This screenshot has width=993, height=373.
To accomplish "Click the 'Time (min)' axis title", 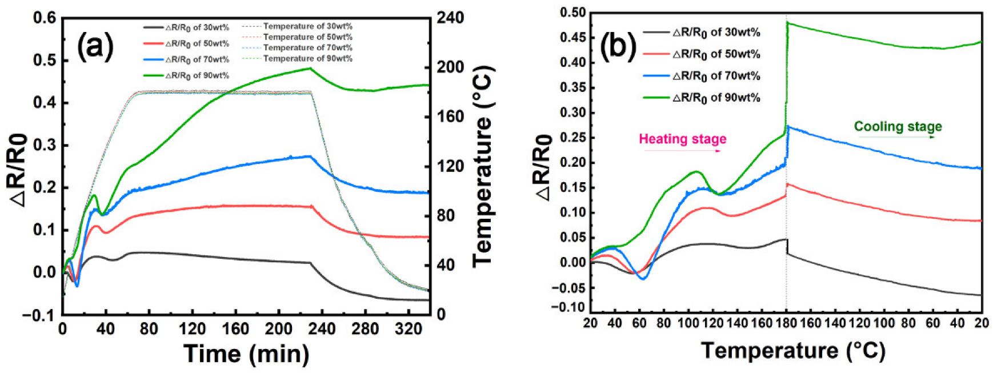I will coord(246,354).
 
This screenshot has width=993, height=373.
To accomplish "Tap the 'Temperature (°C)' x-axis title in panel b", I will coord(793,350).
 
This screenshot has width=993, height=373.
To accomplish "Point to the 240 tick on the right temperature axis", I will coord(451,18).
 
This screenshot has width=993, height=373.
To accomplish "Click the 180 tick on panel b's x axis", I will coord(786,323).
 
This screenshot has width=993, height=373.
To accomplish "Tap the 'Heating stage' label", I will coord(682,139).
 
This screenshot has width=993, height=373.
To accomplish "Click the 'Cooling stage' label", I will coord(898,127).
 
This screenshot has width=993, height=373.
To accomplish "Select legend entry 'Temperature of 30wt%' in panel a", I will coord(307,26).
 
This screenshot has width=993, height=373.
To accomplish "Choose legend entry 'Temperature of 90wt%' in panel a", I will coord(307,58).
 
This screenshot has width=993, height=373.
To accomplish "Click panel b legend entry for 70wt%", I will coord(716,76).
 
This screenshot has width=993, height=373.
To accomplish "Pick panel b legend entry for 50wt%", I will coord(716,54).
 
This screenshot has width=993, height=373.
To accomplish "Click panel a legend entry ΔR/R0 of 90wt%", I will coord(197,75).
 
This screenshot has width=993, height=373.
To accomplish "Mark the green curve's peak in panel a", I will coord(310,68).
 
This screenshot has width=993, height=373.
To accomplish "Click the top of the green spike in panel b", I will coord(787,22).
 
